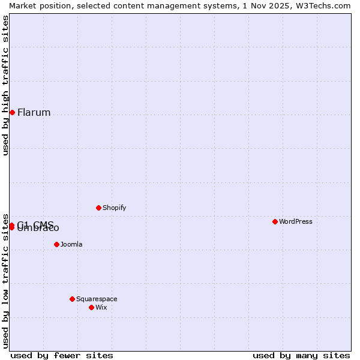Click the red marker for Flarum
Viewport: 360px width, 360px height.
12,112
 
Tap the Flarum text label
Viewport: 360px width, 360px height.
34,113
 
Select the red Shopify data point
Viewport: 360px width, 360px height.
98,208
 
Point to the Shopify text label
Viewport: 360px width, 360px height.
114,208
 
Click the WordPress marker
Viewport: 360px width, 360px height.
275,221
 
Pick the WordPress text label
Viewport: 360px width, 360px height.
296,222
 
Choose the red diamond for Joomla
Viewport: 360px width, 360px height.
56,244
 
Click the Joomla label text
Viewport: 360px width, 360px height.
71,245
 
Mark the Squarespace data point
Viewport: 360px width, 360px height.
72,299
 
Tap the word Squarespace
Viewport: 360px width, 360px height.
97,299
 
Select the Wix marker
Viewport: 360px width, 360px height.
91,307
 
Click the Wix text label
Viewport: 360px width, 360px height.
101,308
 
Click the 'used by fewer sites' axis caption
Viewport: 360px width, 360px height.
62,356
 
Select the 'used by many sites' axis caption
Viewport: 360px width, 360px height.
301,356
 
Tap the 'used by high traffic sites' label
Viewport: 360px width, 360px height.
5,85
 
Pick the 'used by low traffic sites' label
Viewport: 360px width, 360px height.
5,280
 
